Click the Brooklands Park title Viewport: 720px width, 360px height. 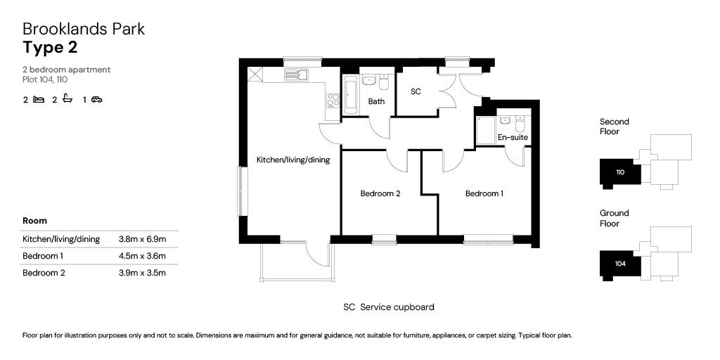click(x=84, y=29)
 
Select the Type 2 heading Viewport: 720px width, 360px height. click(x=50, y=48)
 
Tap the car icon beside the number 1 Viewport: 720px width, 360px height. click(x=96, y=99)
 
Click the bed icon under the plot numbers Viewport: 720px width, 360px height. click(x=39, y=99)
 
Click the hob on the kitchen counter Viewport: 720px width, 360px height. click(x=333, y=101)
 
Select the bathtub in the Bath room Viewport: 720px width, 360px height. click(x=350, y=94)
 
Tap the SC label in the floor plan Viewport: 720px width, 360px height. click(x=416, y=91)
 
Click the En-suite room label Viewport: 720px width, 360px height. click(x=513, y=137)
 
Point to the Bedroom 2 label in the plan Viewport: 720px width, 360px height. click(x=380, y=194)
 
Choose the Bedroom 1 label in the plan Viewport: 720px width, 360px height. click(x=484, y=194)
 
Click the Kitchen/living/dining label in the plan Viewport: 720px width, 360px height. click(x=293, y=160)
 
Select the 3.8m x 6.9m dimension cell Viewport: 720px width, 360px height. click(x=142, y=239)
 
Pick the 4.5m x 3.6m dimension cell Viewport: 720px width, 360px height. click(x=142, y=256)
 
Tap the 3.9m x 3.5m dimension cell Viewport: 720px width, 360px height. click(x=142, y=273)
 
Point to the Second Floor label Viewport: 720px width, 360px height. click(x=615, y=127)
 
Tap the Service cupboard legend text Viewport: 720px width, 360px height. click(x=397, y=307)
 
